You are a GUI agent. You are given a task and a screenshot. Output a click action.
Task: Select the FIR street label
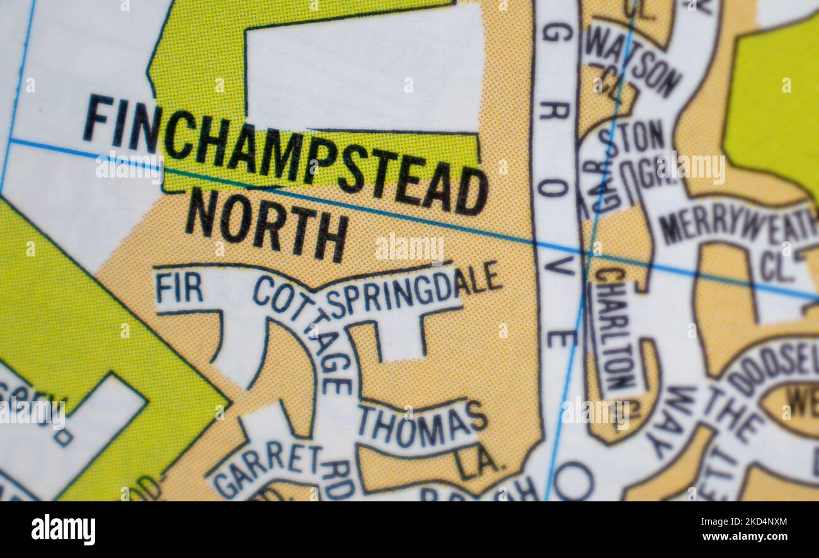(x=179, y=288)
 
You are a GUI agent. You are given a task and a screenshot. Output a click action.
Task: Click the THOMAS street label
(x=423, y=423)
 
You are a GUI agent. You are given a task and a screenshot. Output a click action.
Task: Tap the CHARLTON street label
(x=615, y=328)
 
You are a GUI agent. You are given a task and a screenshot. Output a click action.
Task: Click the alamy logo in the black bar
(x=63, y=529)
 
